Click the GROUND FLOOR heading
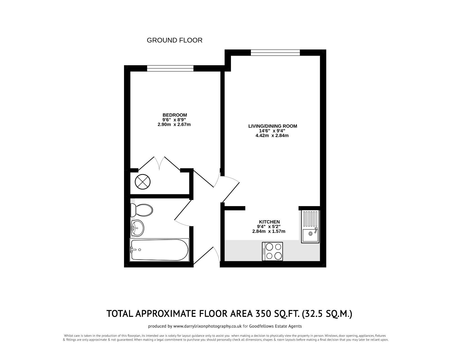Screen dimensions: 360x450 click(x=174, y=40)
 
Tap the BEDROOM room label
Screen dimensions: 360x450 click(x=174, y=115)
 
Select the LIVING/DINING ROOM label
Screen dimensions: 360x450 click(x=273, y=126)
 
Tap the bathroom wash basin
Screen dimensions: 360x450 click(x=138, y=227)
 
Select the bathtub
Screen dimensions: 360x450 click(x=159, y=250)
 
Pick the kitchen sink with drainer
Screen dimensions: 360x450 click(x=310, y=226)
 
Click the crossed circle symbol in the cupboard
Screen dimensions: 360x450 click(x=143, y=181)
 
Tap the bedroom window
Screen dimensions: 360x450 click(x=170, y=68)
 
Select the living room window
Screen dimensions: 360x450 click(x=275, y=53)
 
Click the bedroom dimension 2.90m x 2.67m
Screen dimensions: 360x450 click(x=174, y=124)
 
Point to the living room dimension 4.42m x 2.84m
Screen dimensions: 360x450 click(x=273, y=135)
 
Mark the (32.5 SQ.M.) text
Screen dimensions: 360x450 click(x=327, y=313)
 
